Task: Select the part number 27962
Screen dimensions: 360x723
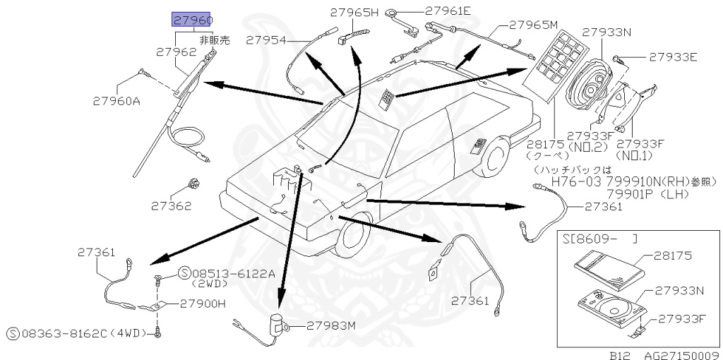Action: (176, 52)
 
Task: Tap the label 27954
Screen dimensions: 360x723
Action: (265, 40)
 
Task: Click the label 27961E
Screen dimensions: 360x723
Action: (448, 10)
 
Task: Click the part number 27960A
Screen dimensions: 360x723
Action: (116, 100)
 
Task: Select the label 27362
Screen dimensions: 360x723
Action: (171, 206)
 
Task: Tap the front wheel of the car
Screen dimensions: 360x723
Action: (349, 239)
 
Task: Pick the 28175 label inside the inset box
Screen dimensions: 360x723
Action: (673, 256)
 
